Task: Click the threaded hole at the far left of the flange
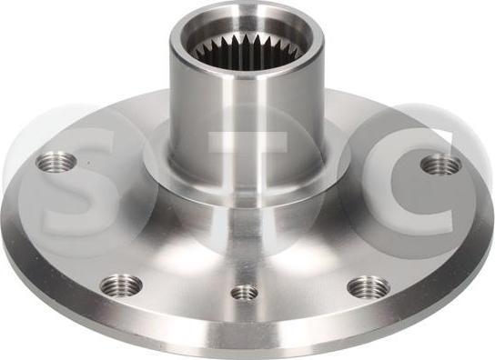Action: pyautogui.click(x=56, y=163)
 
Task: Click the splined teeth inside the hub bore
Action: pyautogui.click(x=247, y=53)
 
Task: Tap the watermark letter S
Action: pyautogui.click(x=76, y=183)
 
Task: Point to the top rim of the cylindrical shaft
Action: pyautogui.click(x=247, y=19)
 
